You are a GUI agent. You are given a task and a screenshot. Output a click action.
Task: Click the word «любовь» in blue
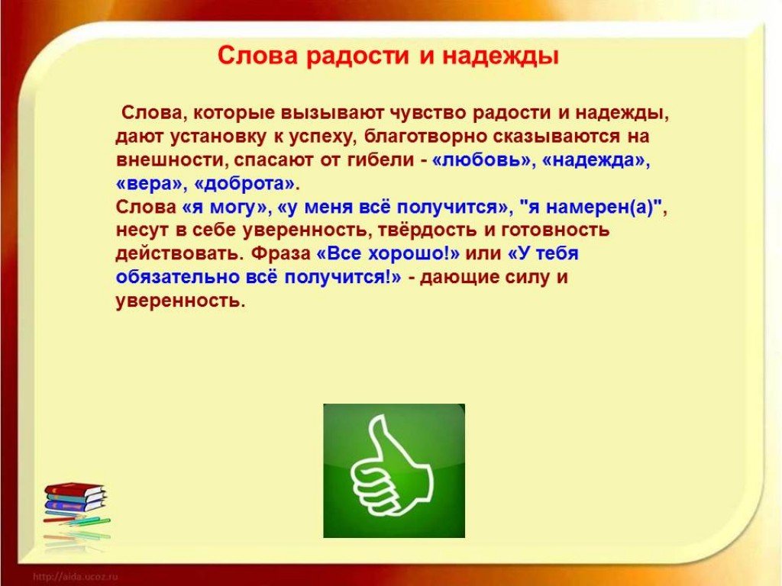coord(481,160)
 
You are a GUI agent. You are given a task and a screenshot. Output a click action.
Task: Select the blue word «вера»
coord(149,184)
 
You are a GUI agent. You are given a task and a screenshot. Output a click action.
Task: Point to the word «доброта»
coord(244,185)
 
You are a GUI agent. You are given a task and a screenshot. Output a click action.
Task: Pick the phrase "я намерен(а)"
coord(590,208)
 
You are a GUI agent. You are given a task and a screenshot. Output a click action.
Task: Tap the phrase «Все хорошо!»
coord(387,253)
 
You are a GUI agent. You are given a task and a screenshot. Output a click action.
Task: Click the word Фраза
coord(281,253)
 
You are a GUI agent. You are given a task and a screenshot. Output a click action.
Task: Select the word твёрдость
coord(427,230)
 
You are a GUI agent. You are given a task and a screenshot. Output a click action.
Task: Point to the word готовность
coord(555,230)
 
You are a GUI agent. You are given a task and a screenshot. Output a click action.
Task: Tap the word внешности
coord(172,160)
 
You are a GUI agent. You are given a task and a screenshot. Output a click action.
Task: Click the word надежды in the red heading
coord(500,56)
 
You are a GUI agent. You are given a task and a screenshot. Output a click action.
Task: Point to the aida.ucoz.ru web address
coord(75,577)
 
